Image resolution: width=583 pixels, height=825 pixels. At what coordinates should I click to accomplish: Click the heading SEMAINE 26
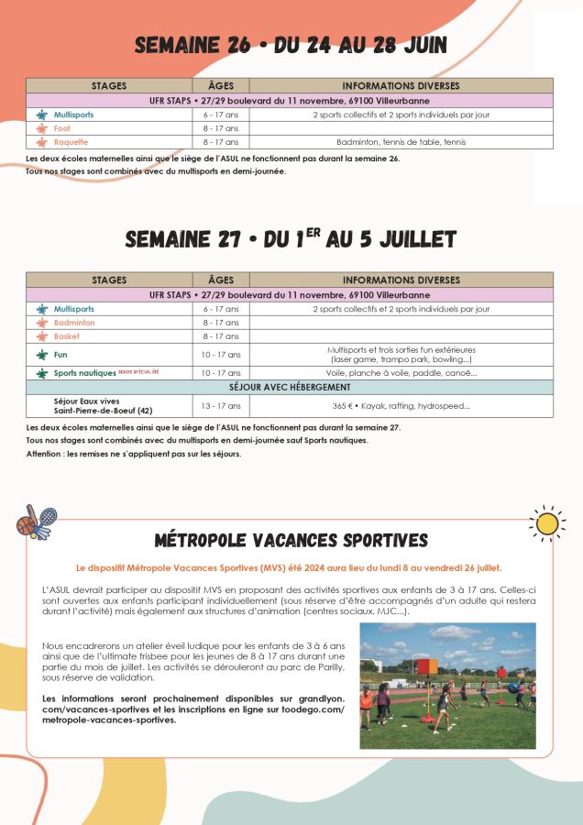point(291,46)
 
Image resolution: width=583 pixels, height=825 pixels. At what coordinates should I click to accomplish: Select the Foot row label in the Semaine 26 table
point(61,128)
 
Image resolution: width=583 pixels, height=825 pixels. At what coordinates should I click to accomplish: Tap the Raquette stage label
point(71,142)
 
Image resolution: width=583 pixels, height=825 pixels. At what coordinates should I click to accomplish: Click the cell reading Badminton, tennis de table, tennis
point(401,142)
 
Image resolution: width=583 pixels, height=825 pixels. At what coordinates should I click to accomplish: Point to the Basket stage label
point(66,336)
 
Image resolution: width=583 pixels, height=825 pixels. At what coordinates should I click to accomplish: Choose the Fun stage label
point(60,354)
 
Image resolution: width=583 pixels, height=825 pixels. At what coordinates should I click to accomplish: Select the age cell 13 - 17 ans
point(220,405)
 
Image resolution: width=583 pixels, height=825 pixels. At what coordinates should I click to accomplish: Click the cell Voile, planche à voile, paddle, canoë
point(401,373)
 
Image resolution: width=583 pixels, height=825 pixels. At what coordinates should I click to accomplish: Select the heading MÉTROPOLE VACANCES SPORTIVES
point(291,539)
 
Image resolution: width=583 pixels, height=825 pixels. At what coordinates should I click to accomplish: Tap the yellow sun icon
point(547,522)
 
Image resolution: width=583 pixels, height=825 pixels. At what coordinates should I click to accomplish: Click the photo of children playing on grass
point(447,686)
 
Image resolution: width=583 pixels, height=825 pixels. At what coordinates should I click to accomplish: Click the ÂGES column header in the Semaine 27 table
point(220,280)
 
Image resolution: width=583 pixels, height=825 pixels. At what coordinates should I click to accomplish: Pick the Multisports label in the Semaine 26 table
point(73,115)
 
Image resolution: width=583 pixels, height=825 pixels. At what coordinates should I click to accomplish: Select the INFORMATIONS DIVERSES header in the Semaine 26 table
point(401,85)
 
